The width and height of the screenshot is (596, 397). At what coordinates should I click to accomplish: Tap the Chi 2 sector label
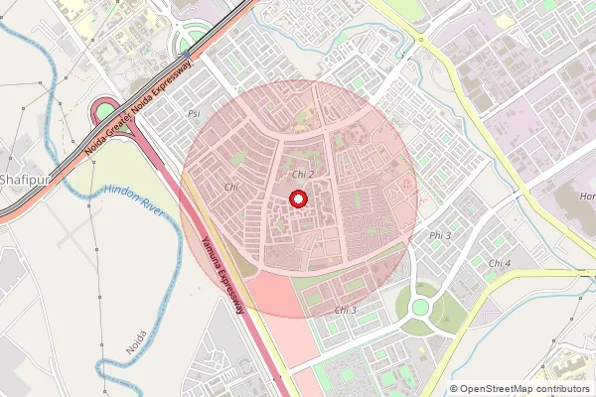(303, 175)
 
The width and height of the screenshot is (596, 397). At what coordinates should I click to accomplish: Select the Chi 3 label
(345, 311)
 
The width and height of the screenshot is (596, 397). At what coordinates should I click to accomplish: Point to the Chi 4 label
(500, 263)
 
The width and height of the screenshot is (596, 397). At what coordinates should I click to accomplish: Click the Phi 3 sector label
(439, 235)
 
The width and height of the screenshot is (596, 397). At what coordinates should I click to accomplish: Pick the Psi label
(193, 114)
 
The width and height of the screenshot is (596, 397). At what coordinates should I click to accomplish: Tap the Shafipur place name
(22, 180)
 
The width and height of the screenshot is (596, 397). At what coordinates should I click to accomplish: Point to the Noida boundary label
(136, 343)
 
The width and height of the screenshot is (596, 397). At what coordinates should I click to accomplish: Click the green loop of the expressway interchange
(105, 111)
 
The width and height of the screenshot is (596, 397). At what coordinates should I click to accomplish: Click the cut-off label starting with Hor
(587, 197)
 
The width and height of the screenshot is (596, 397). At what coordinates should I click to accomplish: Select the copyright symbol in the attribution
(454, 389)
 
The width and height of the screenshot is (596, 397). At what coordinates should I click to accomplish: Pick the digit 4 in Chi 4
(508, 263)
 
